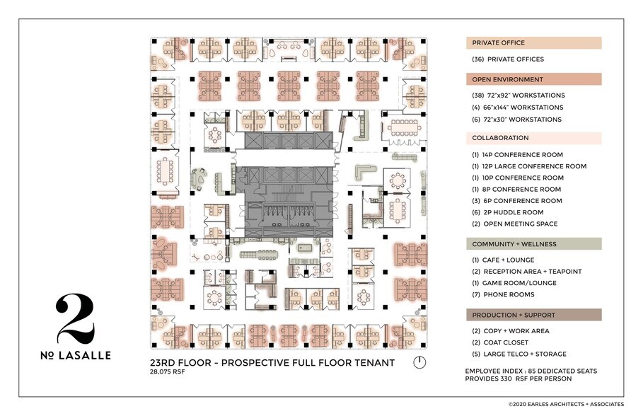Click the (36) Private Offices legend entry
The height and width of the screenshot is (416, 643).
[x=508, y=59]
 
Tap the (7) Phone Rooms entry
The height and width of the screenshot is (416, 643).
[x=503, y=294]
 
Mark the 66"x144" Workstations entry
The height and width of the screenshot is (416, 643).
[x=518, y=108]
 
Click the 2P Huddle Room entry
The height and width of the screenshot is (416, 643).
[x=507, y=212]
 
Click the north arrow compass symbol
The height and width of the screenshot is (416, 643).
[x=419, y=362]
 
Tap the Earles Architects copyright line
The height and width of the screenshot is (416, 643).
[x=566, y=405]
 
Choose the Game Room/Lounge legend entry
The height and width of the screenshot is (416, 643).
[x=514, y=283]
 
